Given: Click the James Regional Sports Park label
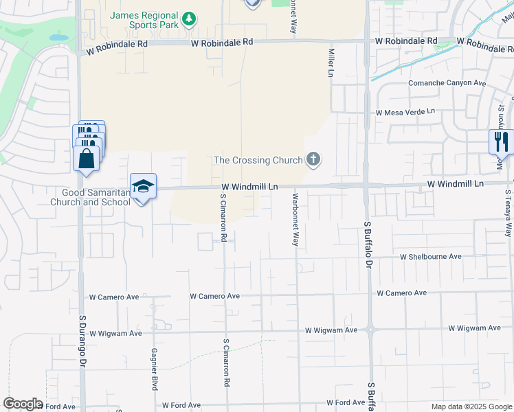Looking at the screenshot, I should pyautogui.click(x=143, y=20).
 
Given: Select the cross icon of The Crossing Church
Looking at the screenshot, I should pyautogui.click(x=313, y=160).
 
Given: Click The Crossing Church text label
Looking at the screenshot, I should pyautogui.click(x=258, y=160).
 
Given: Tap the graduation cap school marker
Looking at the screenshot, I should pyautogui.click(x=143, y=186).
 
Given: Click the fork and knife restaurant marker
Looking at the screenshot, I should pyautogui.click(x=501, y=142).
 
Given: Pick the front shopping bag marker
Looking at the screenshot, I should pyautogui.click(x=86, y=159).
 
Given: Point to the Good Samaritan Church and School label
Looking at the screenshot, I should pyautogui.click(x=90, y=197).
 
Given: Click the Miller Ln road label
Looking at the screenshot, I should pyautogui.click(x=331, y=62).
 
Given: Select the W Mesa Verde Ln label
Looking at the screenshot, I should pyautogui.click(x=405, y=111).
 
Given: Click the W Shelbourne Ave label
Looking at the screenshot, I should pyautogui.click(x=431, y=256).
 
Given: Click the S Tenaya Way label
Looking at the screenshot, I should pyautogui.click(x=509, y=212).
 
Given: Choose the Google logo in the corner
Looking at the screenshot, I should pyautogui.click(x=23, y=404).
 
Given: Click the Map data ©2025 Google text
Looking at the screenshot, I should pyautogui.click(x=471, y=407).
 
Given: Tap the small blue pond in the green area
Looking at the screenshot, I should pyautogui.click(x=58, y=37).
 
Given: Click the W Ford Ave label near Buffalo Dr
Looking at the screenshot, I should pyautogui.click(x=346, y=402).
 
